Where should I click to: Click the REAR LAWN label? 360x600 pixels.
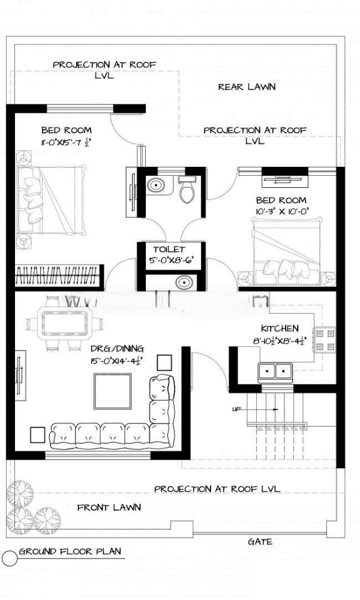tap(247, 87)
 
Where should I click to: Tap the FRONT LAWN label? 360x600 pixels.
tap(109, 508)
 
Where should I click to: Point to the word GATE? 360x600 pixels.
tap(260, 541)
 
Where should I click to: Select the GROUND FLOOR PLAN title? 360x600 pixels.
tap(70, 551)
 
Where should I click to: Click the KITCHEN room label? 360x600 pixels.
tap(280, 328)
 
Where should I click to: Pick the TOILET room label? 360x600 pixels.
tap(169, 250)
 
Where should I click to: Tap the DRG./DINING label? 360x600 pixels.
tap(117, 349)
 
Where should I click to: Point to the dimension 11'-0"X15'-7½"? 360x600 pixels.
tap(66, 142)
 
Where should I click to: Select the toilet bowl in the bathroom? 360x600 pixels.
tap(187, 190)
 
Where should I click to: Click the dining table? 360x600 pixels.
tap(65, 323)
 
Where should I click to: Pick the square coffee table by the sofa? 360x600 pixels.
tap(113, 391)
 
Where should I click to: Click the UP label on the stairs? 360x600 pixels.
tap(236, 409)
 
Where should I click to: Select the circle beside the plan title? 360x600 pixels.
tap(10, 558)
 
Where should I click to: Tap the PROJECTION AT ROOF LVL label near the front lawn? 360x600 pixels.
tap(217, 489)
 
